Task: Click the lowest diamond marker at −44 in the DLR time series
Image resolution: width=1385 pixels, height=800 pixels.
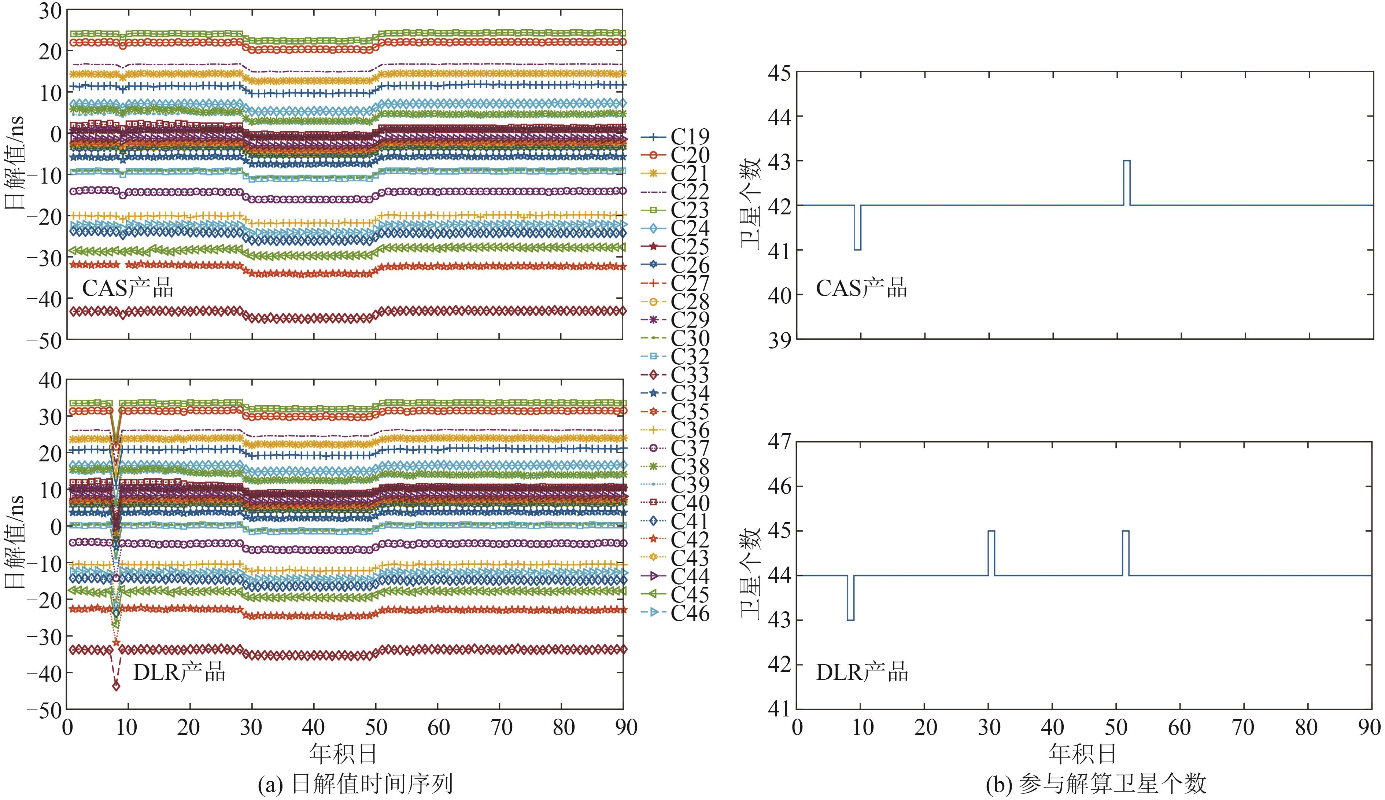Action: click(116, 686)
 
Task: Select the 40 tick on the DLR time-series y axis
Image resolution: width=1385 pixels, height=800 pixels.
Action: click(48, 380)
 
